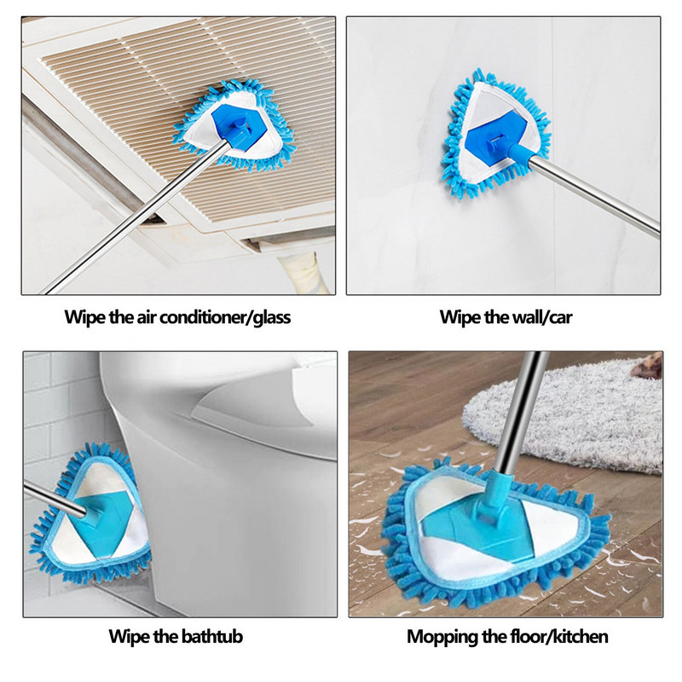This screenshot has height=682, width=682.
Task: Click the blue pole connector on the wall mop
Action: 516,152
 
